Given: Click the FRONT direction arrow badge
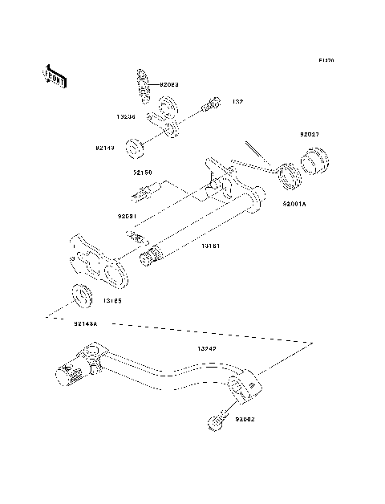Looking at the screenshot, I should (54, 75).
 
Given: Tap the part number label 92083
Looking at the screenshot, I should (168, 83).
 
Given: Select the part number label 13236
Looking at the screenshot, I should (125, 116).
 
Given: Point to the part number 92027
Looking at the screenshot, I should (310, 135).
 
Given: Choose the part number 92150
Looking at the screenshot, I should (143, 172).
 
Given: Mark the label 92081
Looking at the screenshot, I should (128, 216).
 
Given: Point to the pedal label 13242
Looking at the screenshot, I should (208, 350).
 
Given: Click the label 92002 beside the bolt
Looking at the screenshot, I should (245, 418).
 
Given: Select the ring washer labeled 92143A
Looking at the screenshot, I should (81, 295).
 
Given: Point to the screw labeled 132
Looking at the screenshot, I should (209, 104).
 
